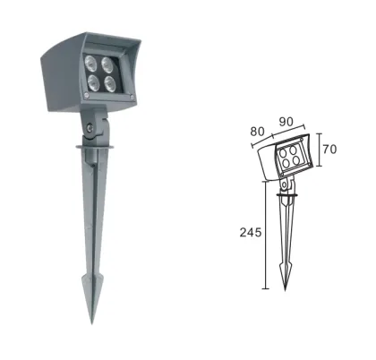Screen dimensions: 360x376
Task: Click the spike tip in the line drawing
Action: pos(286,288)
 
